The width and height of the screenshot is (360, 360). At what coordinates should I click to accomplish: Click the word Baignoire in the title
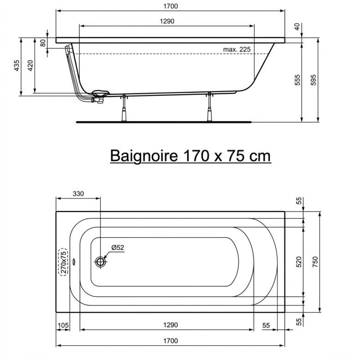coord(144,156)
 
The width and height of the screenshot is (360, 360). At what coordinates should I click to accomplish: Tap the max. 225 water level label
coord(237,49)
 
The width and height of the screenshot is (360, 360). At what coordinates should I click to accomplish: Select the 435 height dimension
coord(17,66)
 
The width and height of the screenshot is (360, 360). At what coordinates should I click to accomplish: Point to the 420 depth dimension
coord(30,66)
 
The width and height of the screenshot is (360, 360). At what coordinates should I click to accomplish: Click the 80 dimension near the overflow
coord(43,43)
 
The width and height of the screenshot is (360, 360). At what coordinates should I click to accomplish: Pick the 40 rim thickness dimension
coord(297,27)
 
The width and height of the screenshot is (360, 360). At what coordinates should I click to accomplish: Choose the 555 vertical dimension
coord(297,80)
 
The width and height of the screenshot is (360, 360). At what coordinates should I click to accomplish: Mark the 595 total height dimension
coord(313,80)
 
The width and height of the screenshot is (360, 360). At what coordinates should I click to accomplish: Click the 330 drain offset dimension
coord(78,194)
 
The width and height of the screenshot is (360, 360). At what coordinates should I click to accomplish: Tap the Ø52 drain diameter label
coord(118,247)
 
